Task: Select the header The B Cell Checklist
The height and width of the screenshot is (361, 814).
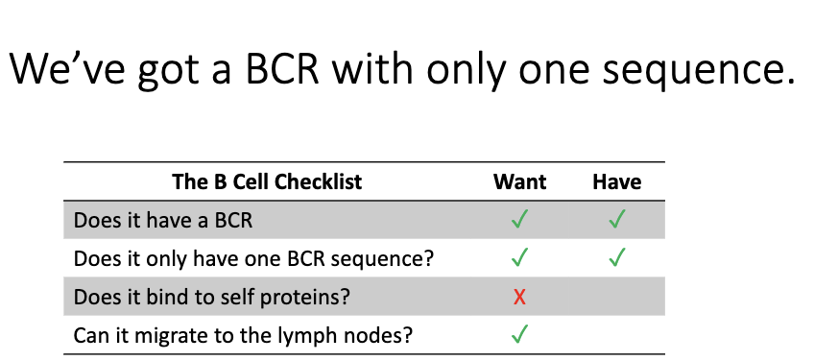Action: coord(267,181)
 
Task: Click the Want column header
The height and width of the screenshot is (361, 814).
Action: coord(519,181)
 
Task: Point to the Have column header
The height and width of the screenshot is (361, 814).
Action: coord(616,181)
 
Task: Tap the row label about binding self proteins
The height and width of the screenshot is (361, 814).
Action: coord(211,298)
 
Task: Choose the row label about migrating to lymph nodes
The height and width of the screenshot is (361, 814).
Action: coord(230,336)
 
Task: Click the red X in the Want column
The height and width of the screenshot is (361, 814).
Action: coord(519,298)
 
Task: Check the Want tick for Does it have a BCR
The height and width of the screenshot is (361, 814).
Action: coord(519,220)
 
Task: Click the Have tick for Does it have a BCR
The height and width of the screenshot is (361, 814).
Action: coord(616,220)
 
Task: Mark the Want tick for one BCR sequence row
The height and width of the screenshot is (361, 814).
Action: coord(519,258)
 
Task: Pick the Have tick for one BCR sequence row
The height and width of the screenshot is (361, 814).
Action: coord(616,258)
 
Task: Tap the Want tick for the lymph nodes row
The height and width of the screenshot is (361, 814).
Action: coord(519,336)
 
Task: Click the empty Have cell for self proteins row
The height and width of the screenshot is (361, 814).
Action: coord(616,298)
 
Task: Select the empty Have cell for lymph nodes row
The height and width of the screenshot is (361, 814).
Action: coord(616,336)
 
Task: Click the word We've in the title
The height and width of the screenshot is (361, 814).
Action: coord(62,69)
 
